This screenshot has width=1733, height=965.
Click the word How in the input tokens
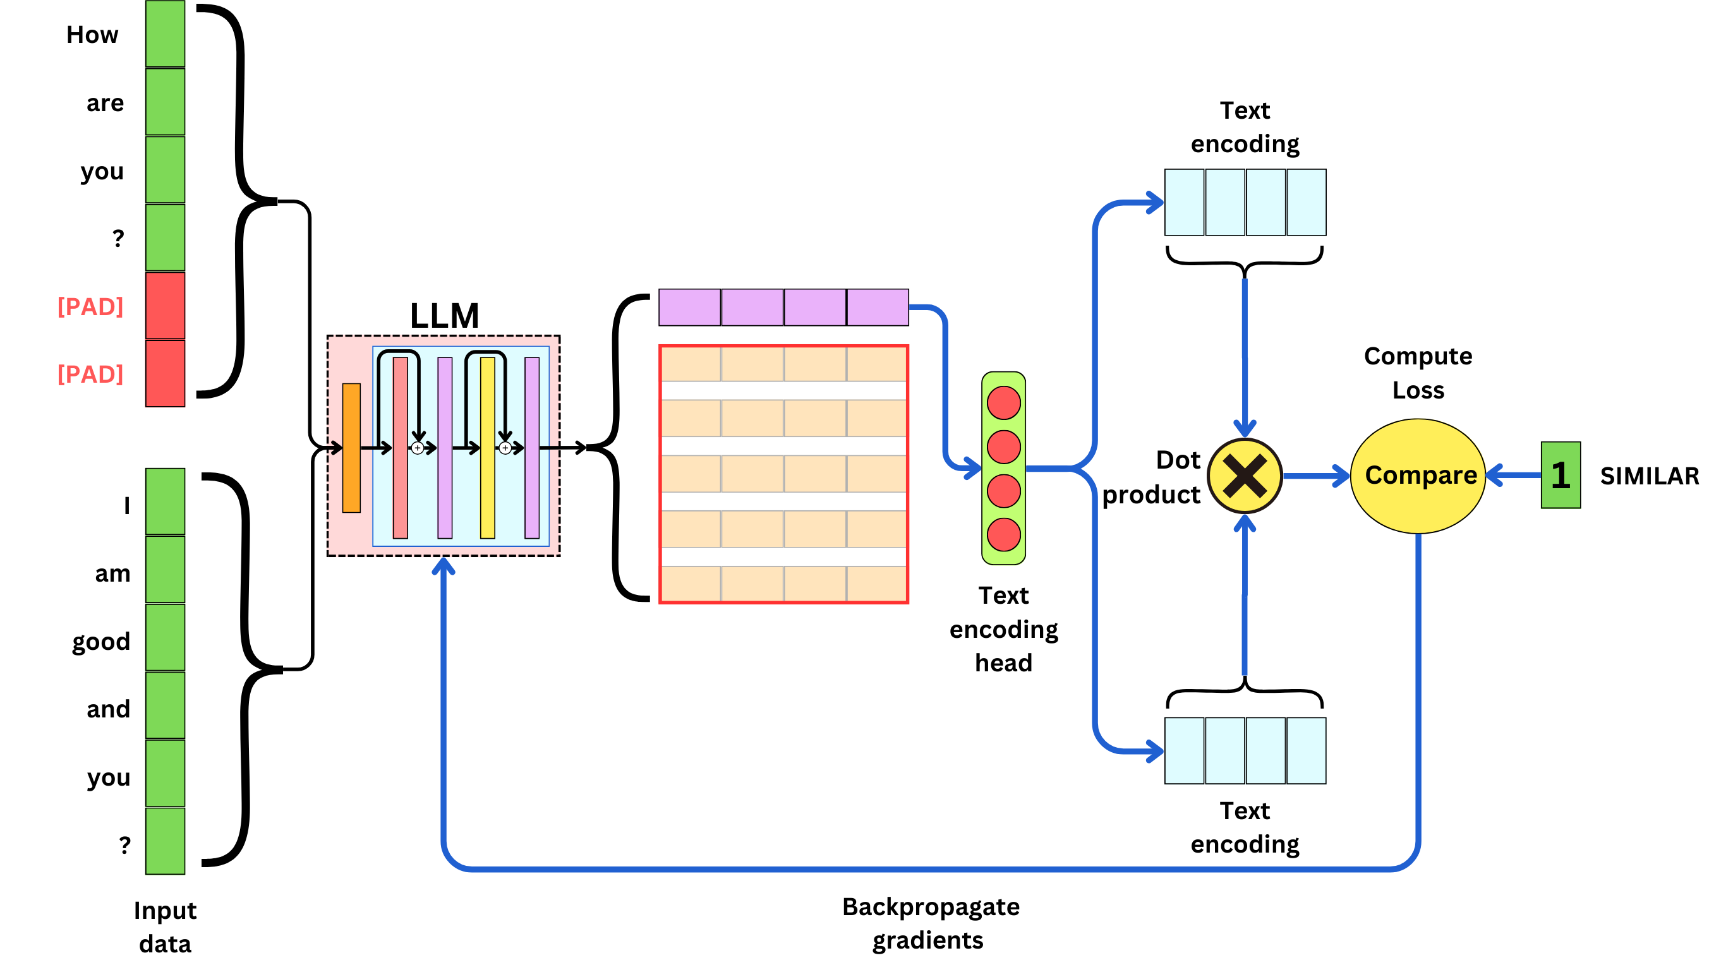tap(92, 35)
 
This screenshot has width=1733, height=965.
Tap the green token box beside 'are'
tap(165, 102)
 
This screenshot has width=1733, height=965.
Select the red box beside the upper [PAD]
tap(165, 305)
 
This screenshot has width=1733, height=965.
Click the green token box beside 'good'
tap(165, 637)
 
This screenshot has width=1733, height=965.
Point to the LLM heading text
tap(444, 315)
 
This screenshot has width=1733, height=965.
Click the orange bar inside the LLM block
tap(351, 448)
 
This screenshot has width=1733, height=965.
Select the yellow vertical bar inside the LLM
tap(488, 448)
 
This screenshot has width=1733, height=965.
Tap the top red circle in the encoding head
tap(1003, 403)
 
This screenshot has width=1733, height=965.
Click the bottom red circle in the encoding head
tap(1003, 536)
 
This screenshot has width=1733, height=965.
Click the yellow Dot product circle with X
tap(1245, 476)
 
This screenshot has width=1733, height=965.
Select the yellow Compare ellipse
tap(1418, 476)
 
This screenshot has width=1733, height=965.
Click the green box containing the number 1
tap(1560, 476)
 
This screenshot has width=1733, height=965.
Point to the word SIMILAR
tap(1649, 476)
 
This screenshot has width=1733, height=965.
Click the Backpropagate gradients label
tap(931, 923)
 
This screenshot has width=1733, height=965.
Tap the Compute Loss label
tap(1418, 373)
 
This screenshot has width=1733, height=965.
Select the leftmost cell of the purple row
tap(689, 308)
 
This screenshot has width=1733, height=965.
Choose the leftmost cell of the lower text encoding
tap(1184, 750)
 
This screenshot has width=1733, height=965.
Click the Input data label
tap(165, 926)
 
